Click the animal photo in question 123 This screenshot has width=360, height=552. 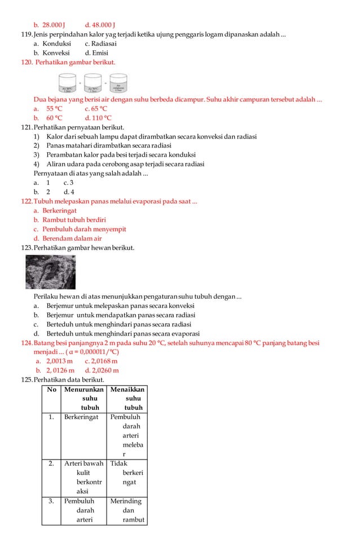click(51, 272)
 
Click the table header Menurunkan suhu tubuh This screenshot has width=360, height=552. click(84, 399)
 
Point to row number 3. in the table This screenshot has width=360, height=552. click(51, 501)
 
